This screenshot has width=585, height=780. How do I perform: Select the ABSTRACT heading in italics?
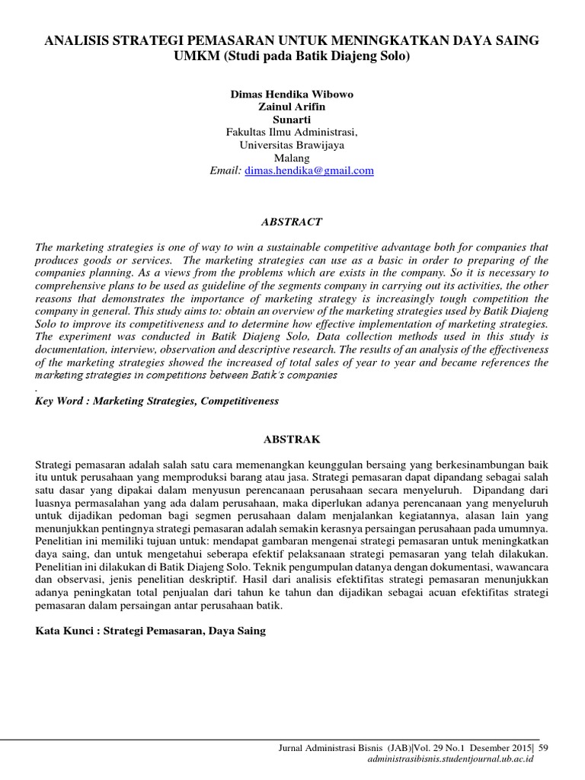(292, 222)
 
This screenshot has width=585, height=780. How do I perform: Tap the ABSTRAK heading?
(292, 440)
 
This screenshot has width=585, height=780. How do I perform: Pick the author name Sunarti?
(292, 119)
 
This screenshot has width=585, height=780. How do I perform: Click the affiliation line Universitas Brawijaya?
(292, 145)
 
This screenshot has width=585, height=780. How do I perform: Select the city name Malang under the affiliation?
(292, 158)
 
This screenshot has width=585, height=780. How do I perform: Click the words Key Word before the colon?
(59, 401)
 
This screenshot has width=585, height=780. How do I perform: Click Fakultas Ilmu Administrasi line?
(292, 132)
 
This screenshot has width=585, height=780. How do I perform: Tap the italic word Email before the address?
(225, 171)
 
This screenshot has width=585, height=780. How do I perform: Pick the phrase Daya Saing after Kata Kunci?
(241, 631)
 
